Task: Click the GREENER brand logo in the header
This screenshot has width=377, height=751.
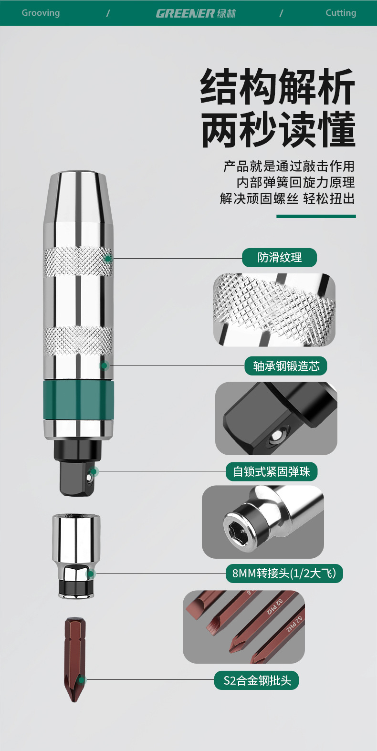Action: [x=196, y=13]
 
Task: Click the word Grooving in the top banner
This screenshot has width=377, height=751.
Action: [x=41, y=13]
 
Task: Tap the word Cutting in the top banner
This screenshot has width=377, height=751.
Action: [x=341, y=13]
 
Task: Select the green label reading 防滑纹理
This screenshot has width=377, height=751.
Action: [x=279, y=258]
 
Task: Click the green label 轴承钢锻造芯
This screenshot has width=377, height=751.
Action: [x=285, y=366]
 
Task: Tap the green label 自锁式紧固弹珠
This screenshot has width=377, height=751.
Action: [x=272, y=471]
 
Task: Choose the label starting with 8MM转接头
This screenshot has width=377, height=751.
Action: [x=284, y=574]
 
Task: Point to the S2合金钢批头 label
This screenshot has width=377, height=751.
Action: [x=257, y=680]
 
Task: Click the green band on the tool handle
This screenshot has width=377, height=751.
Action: [x=78, y=400]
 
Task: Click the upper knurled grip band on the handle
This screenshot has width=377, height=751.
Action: [x=78, y=262]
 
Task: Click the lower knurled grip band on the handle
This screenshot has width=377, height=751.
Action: [x=78, y=341]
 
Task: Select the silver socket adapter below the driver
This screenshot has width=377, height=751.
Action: [x=76, y=556]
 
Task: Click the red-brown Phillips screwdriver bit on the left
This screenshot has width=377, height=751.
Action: [x=75, y=660]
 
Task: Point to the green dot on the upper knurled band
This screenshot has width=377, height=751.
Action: [x=108, y=259]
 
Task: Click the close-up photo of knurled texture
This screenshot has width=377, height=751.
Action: [x=274, y=310]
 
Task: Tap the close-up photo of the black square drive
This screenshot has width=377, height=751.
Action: [x=276, y=418]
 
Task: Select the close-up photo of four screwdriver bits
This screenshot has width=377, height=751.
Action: [x=244, y=627]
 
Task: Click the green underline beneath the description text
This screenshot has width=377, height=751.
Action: [x=316, y=216]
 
